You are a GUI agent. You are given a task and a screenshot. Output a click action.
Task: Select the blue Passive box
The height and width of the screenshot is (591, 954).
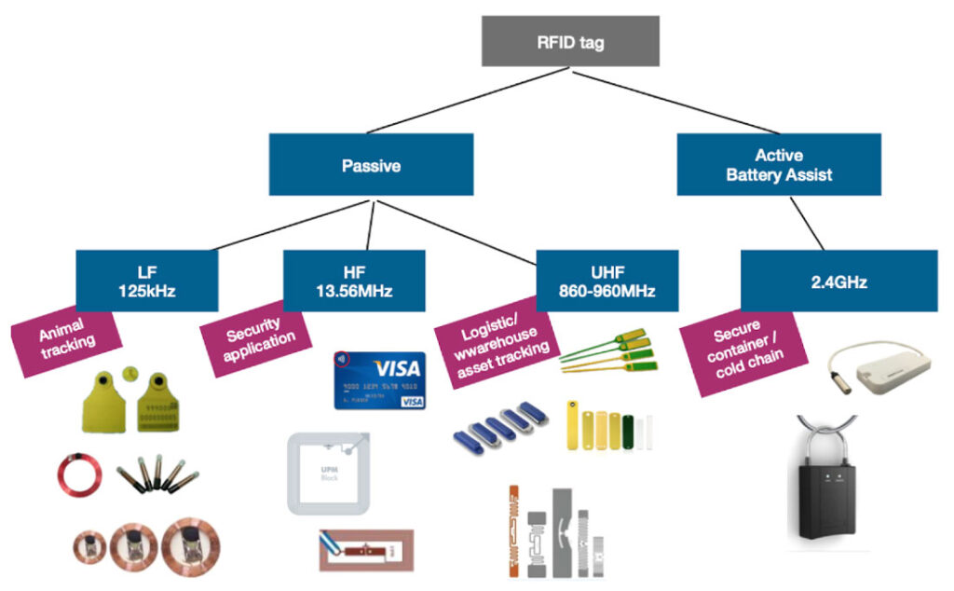(371, 165)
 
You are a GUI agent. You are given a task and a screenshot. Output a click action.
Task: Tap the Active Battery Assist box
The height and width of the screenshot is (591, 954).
(778, 164)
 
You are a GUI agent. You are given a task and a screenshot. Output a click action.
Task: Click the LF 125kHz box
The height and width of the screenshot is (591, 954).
(147, 280)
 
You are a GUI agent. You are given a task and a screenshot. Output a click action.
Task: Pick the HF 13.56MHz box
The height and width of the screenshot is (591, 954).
(354, 280)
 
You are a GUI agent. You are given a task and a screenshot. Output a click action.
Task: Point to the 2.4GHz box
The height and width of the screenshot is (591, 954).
(838, 280)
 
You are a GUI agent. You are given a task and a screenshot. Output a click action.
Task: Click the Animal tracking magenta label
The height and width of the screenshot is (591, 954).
(65, 335)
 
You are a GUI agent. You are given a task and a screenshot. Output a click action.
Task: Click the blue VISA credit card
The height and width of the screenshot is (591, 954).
(378, 380)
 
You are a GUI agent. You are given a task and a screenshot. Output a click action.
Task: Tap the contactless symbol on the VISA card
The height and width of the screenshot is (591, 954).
(345, 359)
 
